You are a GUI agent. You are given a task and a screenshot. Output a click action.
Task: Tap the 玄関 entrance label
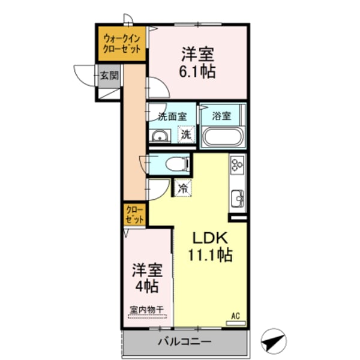coord(109,76)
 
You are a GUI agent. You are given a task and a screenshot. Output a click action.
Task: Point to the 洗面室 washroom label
coord(172,116)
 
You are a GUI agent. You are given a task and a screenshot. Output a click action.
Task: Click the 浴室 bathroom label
coord(222,116)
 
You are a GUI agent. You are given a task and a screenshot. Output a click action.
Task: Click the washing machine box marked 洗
coord(186,135)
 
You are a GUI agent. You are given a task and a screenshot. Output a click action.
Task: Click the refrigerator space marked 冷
coord(183,188)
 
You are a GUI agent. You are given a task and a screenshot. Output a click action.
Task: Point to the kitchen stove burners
coord(236,164)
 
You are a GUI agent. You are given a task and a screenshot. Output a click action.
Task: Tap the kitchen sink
coord(238,197)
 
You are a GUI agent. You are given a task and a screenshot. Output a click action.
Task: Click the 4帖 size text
coord(147,286)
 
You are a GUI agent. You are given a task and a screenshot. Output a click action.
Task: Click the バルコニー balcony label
coord(185,343)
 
